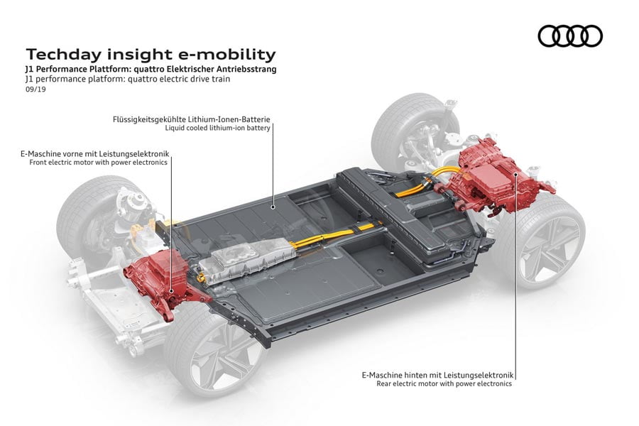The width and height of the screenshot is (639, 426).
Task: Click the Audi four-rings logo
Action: [569, 35]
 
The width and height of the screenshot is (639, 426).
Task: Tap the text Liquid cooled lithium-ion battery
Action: [217, 129]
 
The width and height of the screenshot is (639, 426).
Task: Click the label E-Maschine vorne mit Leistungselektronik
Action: [97, 153]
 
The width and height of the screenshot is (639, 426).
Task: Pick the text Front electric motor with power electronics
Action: [98, 163]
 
